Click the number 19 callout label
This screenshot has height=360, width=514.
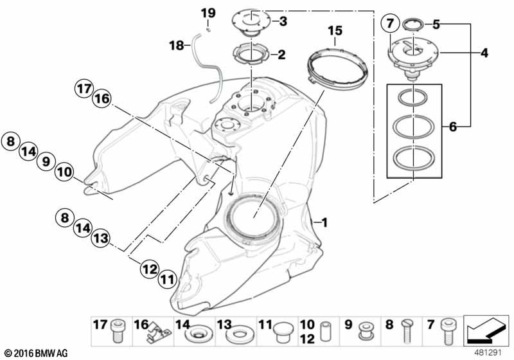pyautogui.click(x=208, y=14)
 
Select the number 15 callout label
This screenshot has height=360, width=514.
pyautogui.click(x=335, y=31)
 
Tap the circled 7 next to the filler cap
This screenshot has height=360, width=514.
pyautogui.click(x=390, y=24)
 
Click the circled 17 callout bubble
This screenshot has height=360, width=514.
pyautogui.click(x=84, y=89)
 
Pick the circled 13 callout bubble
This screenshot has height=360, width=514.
pyautogui.click(x=100, y=237)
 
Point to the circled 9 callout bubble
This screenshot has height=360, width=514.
pyautogui.click(x=46, y=161)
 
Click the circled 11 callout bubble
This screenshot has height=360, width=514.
pyautogui.click(x=168, y=280)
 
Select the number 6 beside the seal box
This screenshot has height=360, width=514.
pyautogui.click(x=452, y=127)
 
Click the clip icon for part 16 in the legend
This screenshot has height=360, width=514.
pyautogui.click(x=159, y=332)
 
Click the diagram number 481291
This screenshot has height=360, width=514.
pyautogui.click(x=488, y=353)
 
